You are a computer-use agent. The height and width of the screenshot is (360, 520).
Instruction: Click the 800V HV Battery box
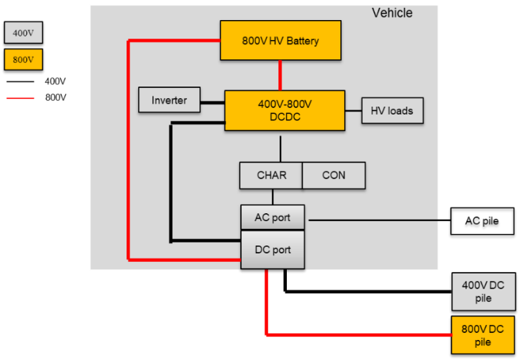(x=280, y=41)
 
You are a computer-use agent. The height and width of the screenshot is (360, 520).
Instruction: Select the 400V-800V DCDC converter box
(x=284, y=110)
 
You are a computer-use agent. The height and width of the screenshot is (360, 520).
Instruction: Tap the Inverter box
(x=169, y=100)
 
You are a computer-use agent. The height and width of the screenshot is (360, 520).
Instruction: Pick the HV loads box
(x=392, y=111)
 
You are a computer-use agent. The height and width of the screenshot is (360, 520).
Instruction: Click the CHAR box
(x=270, y=175)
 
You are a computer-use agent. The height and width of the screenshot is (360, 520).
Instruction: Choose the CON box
(x=333, y=175)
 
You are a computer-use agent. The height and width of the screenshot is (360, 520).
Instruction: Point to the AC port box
(x=273, y=218)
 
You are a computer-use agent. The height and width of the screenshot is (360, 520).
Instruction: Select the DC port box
(x=273, y=250)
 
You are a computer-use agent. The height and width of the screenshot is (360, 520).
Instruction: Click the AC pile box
(x=482, y=221)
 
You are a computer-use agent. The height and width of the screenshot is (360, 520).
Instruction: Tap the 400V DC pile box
(x=483, y=291)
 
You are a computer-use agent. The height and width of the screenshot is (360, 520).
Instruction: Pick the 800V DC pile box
(x=483, y=335)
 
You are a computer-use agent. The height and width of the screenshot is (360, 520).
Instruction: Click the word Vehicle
(x=392, y=13)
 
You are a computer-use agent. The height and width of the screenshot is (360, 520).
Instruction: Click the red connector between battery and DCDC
(x=280, y=75)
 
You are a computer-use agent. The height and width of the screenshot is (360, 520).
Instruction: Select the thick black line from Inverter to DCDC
(x=212, y=102)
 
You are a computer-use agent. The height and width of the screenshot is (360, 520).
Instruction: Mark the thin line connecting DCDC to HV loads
(x=353, y=111)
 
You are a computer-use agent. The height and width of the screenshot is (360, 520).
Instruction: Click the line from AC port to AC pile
(x=378, y=220)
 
